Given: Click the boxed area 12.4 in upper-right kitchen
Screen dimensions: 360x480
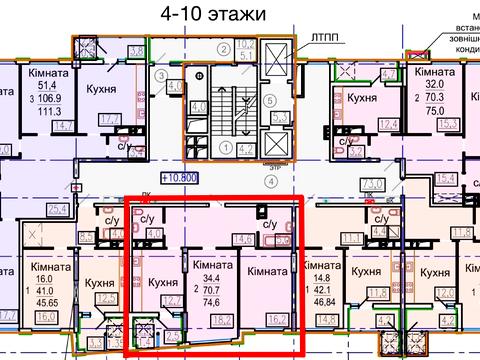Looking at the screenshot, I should point(385,125).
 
